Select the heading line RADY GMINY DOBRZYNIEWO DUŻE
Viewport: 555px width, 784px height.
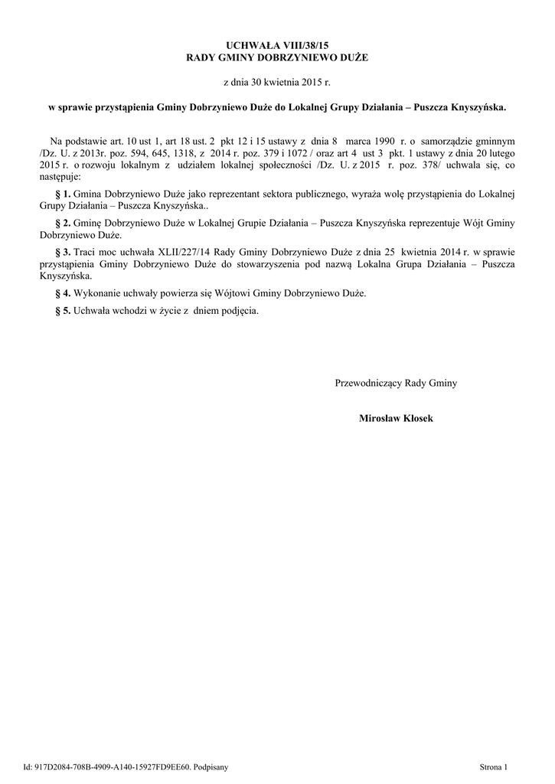(x=277, y=59)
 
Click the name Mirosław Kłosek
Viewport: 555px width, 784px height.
(x=396, y=418)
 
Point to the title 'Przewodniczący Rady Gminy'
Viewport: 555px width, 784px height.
(x=396, y=383)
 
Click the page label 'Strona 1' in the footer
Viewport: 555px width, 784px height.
(x=494, y=766)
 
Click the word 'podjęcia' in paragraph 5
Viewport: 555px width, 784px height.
(x=237, y=311)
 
